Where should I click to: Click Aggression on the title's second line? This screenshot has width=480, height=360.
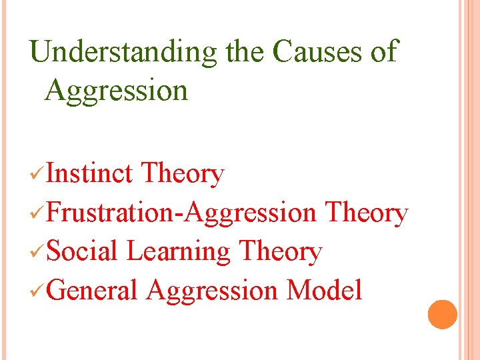(116, 90)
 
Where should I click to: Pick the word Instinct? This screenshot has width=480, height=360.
(90, 174)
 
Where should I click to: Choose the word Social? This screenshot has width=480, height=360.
(83, 252)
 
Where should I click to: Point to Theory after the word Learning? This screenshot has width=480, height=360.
(280, 252)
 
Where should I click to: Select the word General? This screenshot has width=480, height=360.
(92, 291)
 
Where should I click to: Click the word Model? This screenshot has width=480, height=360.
(324, 291)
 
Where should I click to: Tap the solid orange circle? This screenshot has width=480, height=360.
(443, 314)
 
